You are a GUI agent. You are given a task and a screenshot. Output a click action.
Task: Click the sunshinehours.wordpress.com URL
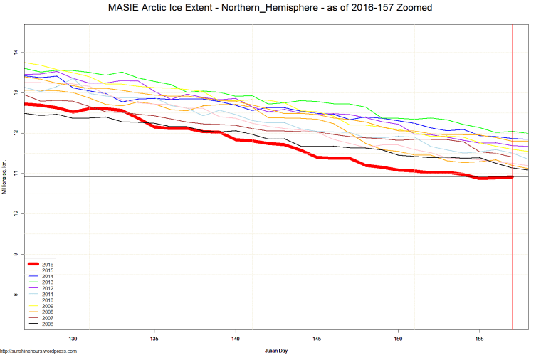click(38, 351)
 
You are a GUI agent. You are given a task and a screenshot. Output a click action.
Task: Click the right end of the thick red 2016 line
click(512, 176)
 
